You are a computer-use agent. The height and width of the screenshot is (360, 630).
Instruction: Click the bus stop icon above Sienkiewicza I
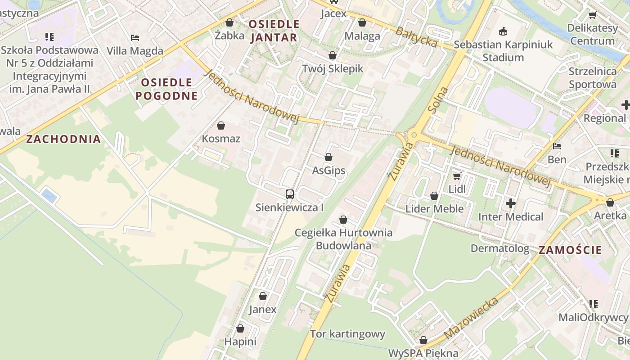pyautogui.click(x=290, y=194)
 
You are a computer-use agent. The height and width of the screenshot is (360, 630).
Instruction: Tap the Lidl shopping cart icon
pyautogui.click(x=457, y=176)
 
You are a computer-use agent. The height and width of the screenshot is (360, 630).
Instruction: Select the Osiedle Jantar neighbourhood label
pyautogui.click(x=274, y=31)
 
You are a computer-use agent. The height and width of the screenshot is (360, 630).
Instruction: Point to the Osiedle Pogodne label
pyautogui.click(x=166, y=89)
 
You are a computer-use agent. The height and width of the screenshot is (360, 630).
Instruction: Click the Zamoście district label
pyautogui.click(x=570, y=250)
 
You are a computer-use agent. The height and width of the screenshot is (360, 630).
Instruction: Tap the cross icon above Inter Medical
pyautogui.click(x=510, y=204)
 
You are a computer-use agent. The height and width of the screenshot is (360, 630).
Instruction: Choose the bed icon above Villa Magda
pyautogui.click(x=135, y=38)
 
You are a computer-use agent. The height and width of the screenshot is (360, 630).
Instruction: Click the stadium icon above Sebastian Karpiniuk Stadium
pyautogui.click(x=503, y=31)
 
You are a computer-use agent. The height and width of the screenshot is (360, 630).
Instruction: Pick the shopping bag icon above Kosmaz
pyautogui.click(x=221, y=126)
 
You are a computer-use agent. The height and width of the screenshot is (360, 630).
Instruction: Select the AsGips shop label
pyautogui.click(x=328, y=171)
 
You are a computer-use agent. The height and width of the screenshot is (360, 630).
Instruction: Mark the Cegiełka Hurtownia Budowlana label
pyautogui.click(x=343, y=239)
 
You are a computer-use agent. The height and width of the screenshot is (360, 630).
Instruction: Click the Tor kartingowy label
pyautogui.click(x=347, y=334)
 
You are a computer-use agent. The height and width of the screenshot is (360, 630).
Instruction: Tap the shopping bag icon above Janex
pyautogui.click(x=263, y=297)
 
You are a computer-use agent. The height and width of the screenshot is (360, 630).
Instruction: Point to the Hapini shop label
pyautogui.click(x=240, y=342)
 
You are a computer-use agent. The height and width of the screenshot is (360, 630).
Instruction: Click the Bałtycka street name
pyautogui.click(x=416, y=36)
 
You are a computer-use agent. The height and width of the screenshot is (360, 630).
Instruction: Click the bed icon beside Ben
pyautogui.click(x=557, y=146)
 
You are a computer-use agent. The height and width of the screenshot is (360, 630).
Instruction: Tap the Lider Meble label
pyautogui.click(x=434, y=209)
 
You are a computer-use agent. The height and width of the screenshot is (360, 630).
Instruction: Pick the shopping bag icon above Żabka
pyautogui.click(x=229, y=22)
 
